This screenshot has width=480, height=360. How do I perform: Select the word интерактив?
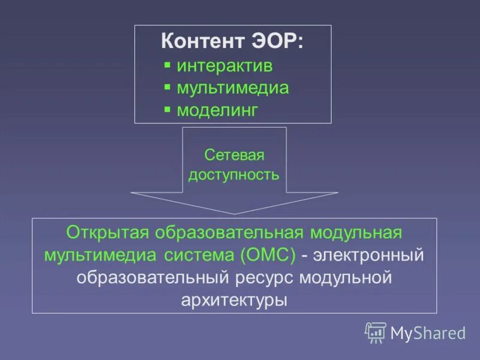pos(224,66)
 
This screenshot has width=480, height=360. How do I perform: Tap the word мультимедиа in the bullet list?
pos(233,88)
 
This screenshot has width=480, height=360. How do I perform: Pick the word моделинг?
pos(217,110)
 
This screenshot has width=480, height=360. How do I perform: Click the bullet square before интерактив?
pos(167,65)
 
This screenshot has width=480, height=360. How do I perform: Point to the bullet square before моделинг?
pos(167,110)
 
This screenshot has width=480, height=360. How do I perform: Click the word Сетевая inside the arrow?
pos(234,155)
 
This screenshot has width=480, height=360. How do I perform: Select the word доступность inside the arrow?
pos(234,175)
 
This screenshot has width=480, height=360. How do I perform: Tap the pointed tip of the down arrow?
pos(235,212)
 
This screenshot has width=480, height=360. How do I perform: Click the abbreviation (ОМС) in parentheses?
pos(267,255)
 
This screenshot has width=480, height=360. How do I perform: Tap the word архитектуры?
pos(234,299)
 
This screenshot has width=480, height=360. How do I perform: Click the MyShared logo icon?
pos(376,332)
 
